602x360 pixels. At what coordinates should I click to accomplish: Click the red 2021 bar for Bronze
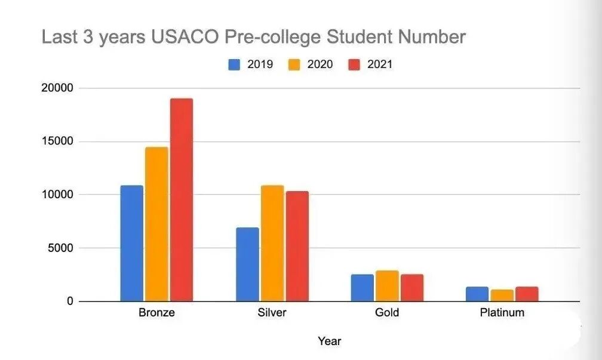[181, 200]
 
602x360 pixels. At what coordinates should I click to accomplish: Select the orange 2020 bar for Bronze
[156, 224]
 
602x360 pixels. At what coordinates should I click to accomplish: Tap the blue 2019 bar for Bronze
[132, 244]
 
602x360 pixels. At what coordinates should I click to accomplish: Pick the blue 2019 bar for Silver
[247, 264]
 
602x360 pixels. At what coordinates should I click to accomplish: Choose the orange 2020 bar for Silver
[272, 244]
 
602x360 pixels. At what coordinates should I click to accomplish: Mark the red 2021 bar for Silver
[297, 247]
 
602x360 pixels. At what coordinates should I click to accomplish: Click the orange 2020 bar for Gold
[387, 286]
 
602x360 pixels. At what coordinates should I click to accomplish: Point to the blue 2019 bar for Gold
[363, 288]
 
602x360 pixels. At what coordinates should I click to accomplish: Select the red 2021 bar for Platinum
[527, 294]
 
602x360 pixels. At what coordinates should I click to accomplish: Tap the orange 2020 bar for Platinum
[502, 296]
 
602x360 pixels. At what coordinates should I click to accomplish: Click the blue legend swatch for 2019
[235, 64]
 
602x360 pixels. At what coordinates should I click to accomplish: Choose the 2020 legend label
[320, 64]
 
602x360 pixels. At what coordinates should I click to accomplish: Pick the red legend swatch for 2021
[355, 64]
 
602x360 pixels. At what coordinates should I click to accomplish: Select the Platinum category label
[502, 313]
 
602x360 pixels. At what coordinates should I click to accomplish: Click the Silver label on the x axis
[272, 313]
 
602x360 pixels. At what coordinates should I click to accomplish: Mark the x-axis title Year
[329, 341]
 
